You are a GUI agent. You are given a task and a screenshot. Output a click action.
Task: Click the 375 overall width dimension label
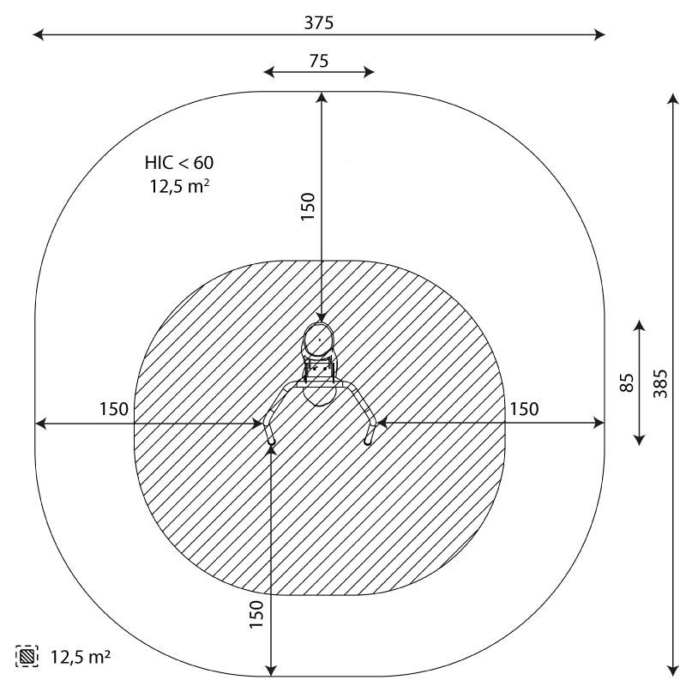(x=319, y=23)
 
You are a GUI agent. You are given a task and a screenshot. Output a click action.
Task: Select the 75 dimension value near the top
(x=319, y=61)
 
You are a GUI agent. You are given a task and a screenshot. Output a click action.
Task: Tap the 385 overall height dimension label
(x=660, y=383)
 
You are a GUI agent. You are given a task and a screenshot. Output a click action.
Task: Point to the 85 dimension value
(x=628, y=382)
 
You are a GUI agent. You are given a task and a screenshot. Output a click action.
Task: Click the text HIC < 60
(x=179, y=163)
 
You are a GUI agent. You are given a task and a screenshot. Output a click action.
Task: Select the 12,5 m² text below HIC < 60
(x=179, y=186)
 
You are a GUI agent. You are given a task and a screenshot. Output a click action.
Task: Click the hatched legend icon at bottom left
(x=27, y=656)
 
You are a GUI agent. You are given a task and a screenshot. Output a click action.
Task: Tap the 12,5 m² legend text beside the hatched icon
(x=81, y=657)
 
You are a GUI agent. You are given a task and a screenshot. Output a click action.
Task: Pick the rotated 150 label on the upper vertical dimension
(x=309, y=207)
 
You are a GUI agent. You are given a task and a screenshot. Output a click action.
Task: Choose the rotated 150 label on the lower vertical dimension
(x=256, y=614)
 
